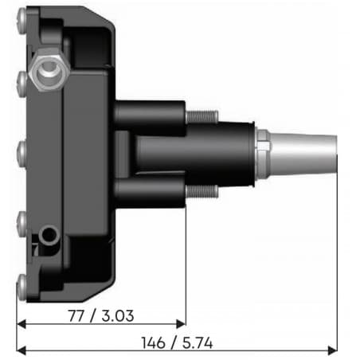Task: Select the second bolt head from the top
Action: tap(21, 77)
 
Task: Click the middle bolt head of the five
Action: tap(21, 148)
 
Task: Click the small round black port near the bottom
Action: tap(50, 234)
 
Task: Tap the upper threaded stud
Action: tap(201, 116)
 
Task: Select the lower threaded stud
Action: tap(201, 191)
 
